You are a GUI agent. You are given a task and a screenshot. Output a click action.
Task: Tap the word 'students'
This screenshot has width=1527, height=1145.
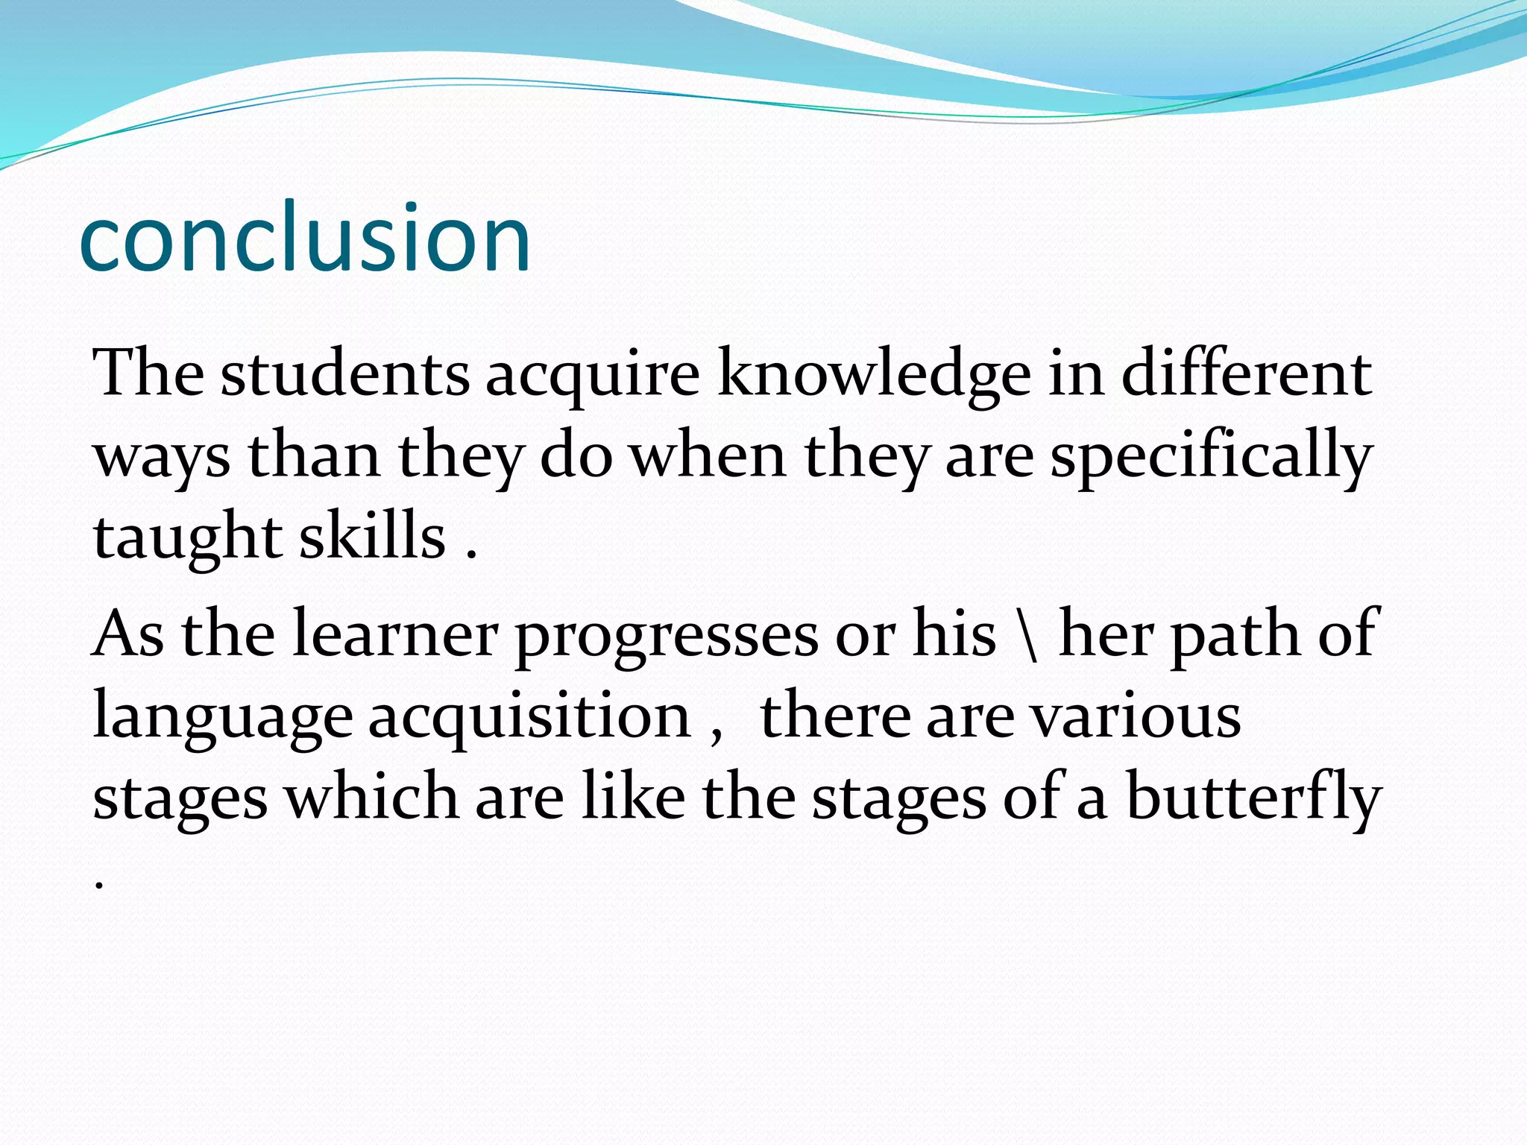[x=344, y=374]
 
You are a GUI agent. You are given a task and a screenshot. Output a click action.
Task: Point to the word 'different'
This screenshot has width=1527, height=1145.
[x=1246, y=374]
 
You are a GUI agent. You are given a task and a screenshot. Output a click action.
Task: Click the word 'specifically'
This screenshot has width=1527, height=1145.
[x=1211, y=458]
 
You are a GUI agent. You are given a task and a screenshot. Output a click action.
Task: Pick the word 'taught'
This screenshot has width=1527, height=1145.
[x=187, y=538]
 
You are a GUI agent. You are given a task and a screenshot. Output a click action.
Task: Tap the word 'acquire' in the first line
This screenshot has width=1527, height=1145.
[x=593, y=376]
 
